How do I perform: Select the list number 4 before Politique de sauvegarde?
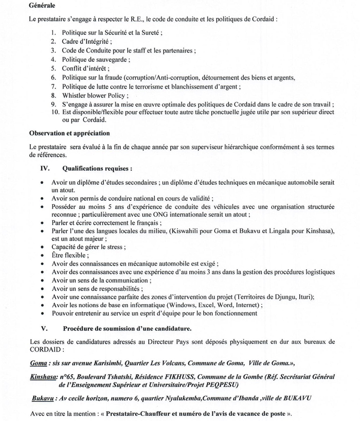pyautogui.click(x=53, y=60)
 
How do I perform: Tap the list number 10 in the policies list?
pyautogui.click(x=55, y=112)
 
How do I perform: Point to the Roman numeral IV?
pyautogui.click(x=45, y=168)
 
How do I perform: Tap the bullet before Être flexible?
pyautogui.click(x=42, y=255)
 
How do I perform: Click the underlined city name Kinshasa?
pyautogui.click(x=43, y=376)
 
